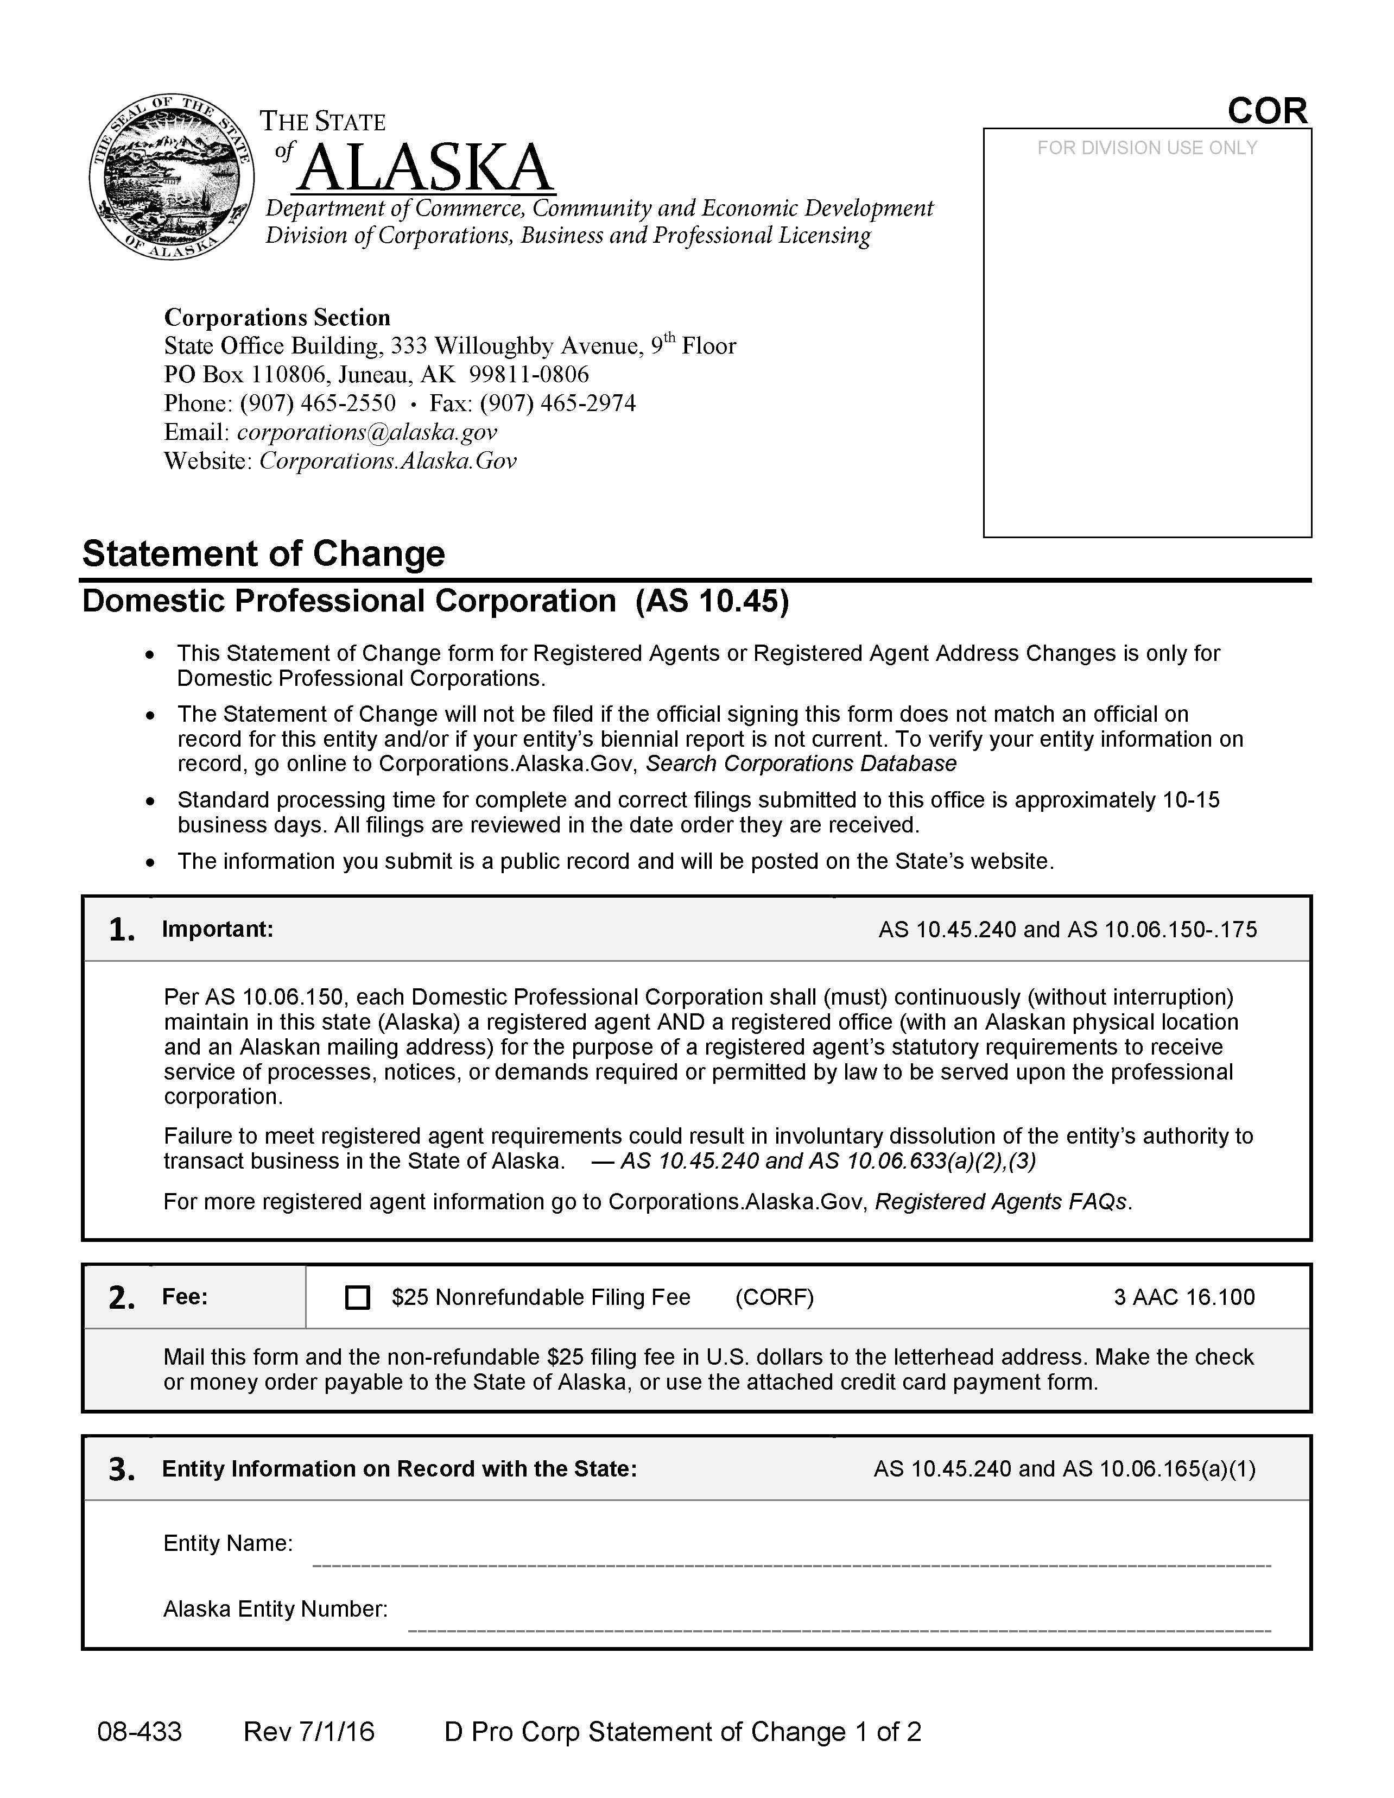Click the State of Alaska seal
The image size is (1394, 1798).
pos(171,175)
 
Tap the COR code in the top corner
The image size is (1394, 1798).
pos(1266,111)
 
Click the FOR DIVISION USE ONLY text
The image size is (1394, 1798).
pos(1146,148)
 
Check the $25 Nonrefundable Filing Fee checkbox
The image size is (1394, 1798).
pos(357,1297)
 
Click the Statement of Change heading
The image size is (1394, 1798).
pos(263,553)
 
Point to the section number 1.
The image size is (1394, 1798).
pos(122,930)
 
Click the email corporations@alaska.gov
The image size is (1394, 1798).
pos(367,432)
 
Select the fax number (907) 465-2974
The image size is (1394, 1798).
pos(558,403)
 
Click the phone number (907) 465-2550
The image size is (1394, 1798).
pos(318,403)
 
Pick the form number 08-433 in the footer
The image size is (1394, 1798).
pos(139,1731)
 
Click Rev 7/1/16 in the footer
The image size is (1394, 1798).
pos(308,1731)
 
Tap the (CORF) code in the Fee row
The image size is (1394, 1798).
pos(774,1297)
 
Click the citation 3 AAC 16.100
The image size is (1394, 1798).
pos(1183,1297)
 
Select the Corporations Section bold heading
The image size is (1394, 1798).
pos(277,318)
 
